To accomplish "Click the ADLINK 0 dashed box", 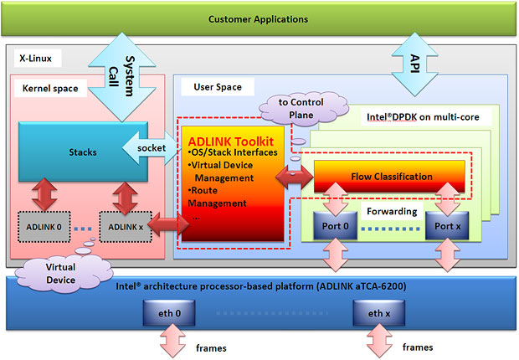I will click(43, 225).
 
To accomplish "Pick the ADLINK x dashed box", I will click(124, 225).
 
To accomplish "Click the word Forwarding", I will click(390, 211).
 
